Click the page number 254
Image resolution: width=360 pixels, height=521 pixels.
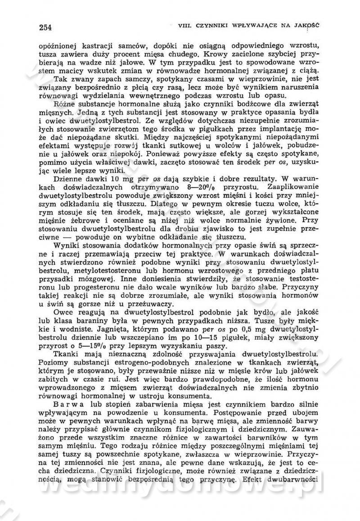click(x=45, y=27)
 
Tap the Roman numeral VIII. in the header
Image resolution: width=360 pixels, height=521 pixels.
click(x=186, y=25)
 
